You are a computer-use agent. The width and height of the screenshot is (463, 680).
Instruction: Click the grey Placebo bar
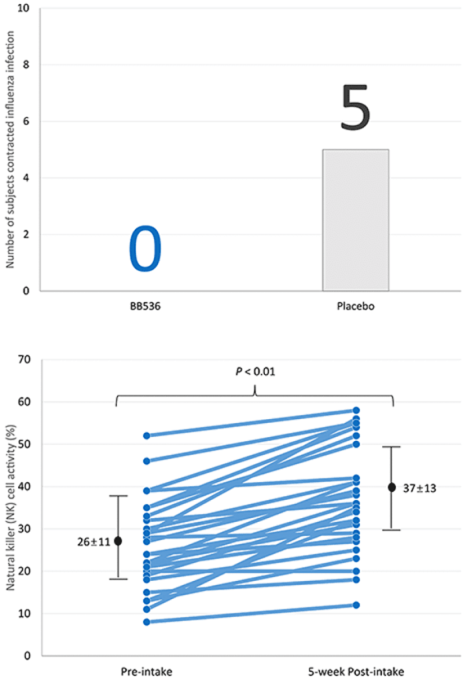[x=355, y=220]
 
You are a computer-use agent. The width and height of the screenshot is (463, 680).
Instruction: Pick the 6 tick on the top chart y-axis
[x=27, y=122]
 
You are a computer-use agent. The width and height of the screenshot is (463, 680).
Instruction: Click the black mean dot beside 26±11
[x=118, y=541]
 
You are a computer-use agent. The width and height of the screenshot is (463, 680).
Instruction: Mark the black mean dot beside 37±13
[x=392, y=487]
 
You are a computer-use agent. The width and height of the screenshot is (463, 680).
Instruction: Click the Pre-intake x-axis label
[x=145, y=671]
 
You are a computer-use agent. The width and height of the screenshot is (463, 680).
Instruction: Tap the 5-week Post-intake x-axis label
[x=356, y=671]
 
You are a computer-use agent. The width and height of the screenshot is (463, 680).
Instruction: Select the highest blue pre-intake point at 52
[x=146, y=436]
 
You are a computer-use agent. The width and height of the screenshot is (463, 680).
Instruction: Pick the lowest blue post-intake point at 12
[x=357, y=605]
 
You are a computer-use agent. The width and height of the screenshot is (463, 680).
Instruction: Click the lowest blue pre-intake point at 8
[x=146, y=622]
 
